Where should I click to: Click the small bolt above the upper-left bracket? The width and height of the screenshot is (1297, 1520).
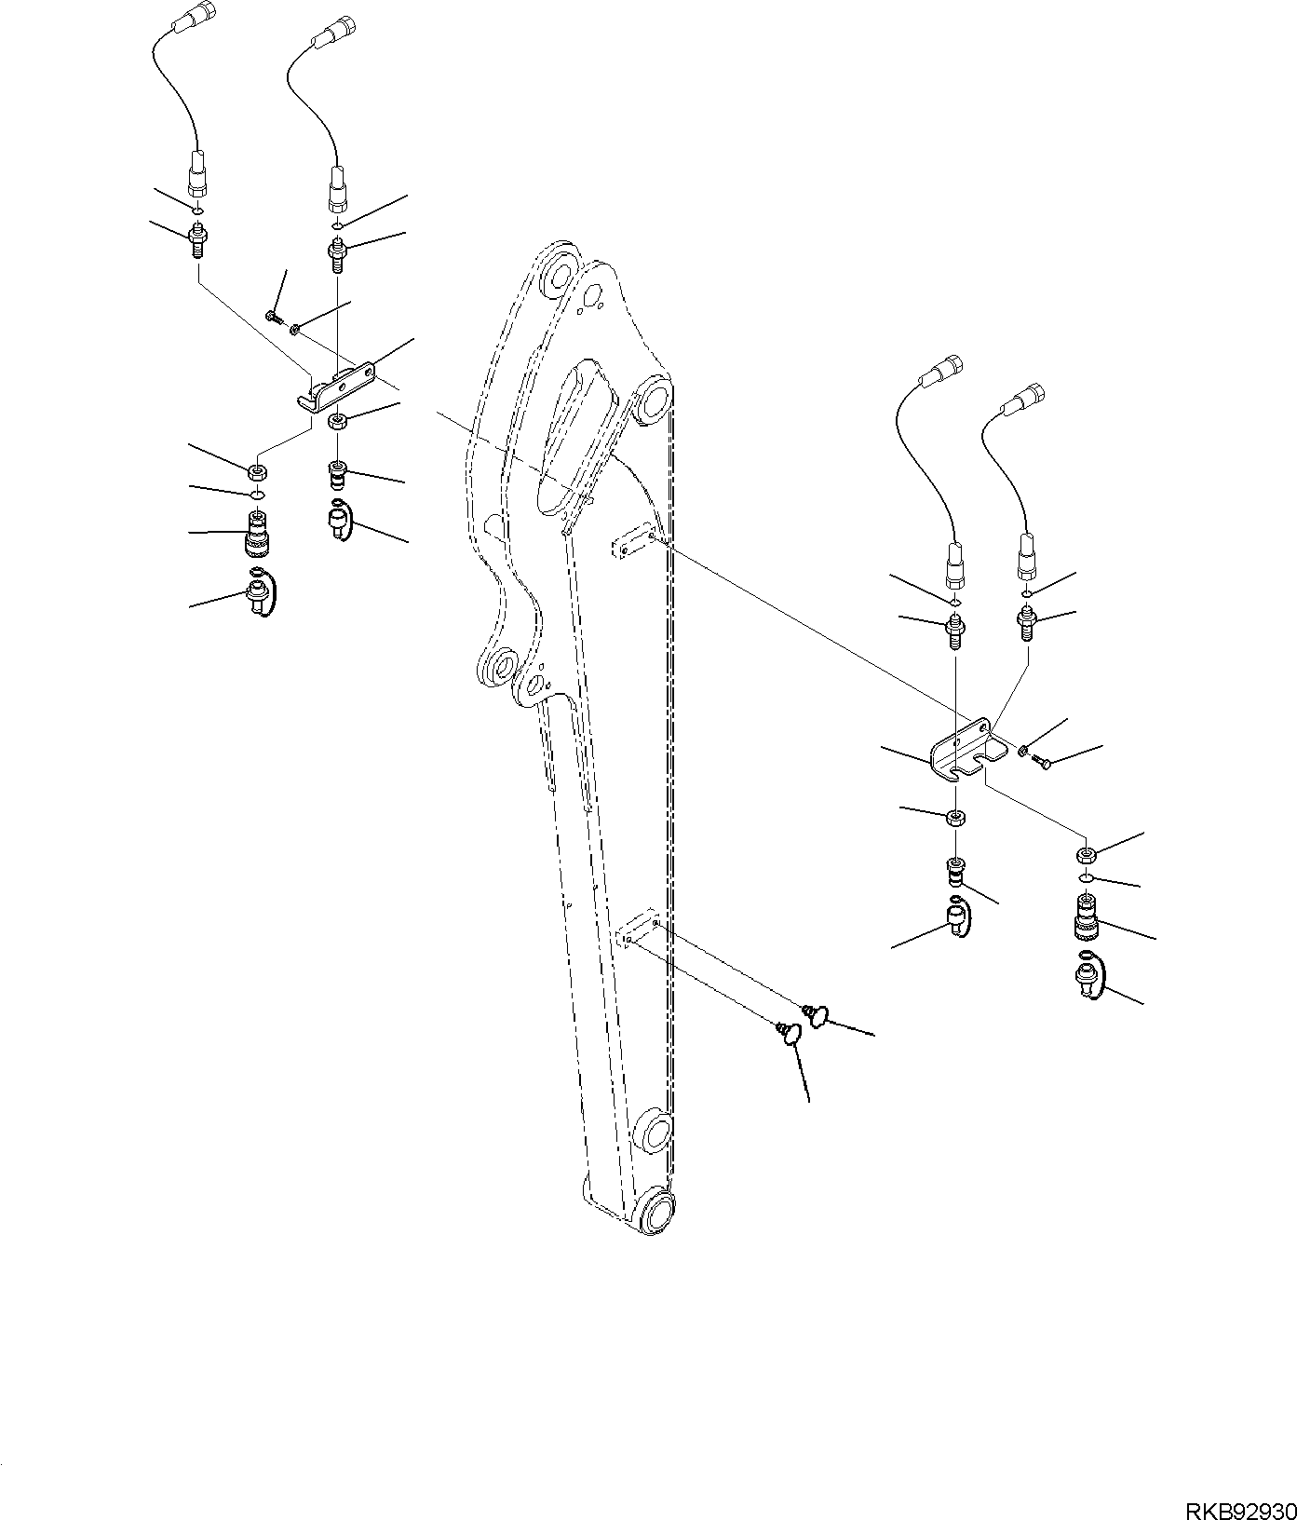[x=273, y=318]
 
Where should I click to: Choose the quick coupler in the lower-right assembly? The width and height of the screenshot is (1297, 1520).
[x=1087, y=916]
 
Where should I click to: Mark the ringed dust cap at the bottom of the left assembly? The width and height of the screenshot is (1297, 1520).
[x=259, y=592]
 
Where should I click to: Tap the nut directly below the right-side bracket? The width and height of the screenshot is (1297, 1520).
[x=955, y=818]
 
